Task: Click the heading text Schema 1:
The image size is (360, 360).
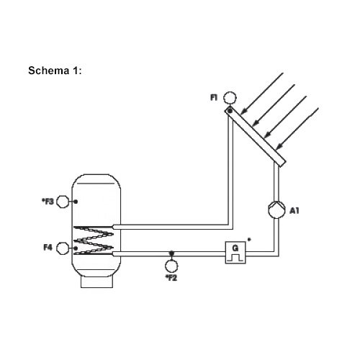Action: [55, 71]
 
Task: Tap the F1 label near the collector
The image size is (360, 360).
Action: [214, 97]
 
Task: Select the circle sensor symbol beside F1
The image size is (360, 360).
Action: [230, 98]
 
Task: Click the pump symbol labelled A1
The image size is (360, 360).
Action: [276, 210]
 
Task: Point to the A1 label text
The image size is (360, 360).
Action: [294, 211]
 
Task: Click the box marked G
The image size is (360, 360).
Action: [235, 253]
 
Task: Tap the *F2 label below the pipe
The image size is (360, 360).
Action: [171, 278]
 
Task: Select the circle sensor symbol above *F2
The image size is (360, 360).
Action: [171, 266]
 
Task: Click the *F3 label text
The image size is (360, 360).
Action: [48, 202]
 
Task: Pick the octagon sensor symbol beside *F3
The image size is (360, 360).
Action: [63, 202]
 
